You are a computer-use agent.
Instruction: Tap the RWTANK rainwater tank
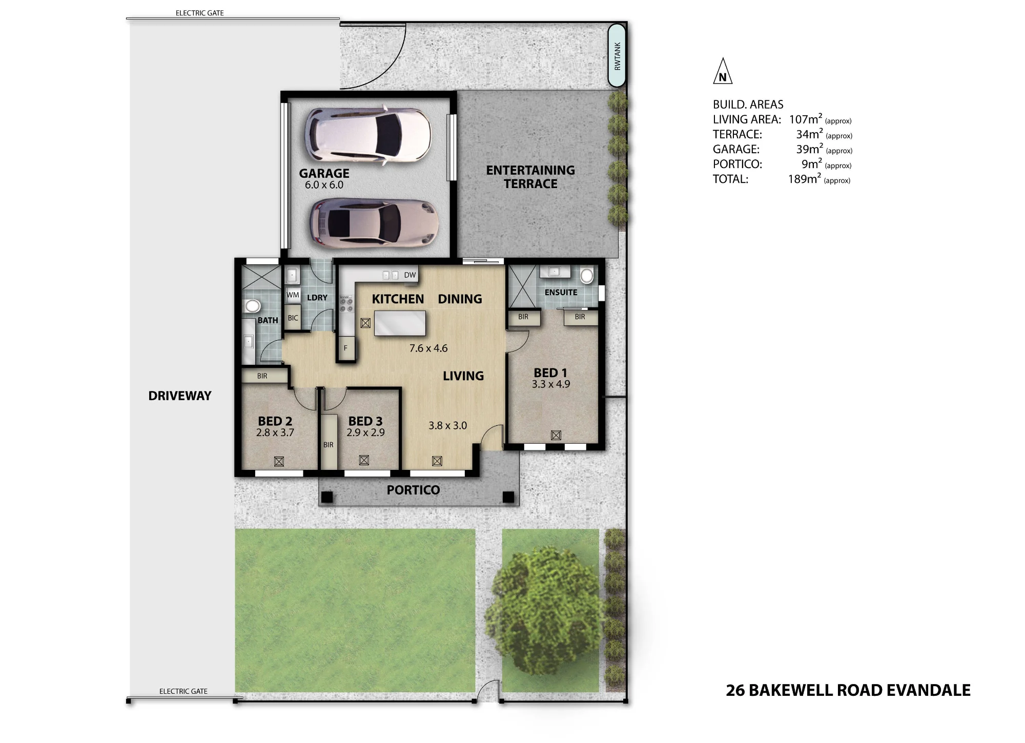pos(617,56)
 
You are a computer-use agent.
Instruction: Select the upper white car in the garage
pos(368,136)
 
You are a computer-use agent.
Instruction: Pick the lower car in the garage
pos(374,223)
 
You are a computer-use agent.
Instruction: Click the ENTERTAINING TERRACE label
pos(530,177)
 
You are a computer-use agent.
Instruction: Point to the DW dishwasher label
pos(410,275)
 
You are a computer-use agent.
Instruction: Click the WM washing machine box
pos(293,295)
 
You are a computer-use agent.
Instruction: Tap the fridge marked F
pos(346,348)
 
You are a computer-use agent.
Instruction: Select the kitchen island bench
pos(400,323)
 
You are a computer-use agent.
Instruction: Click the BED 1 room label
pos(550,373)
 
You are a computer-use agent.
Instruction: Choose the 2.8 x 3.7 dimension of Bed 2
pos(275,432)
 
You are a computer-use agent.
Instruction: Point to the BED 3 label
pos(365,421)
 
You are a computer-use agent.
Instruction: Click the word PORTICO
pos(413,490)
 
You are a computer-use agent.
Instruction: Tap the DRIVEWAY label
pos(180,396)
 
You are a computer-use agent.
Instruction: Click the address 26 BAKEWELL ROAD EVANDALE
pos(848,690)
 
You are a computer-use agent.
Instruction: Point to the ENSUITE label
pos(561,292)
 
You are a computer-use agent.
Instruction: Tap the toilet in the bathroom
pos(252,306)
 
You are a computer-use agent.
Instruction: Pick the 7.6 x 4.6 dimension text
pos(428,348)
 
